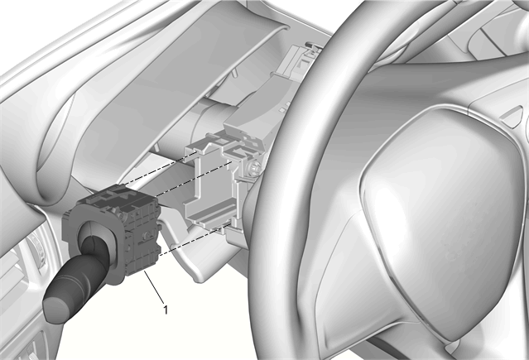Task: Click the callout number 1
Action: click(166, 310)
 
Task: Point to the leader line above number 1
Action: click(154, 286)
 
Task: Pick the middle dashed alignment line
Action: click(194, 179)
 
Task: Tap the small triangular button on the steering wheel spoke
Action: click(514, 115)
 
